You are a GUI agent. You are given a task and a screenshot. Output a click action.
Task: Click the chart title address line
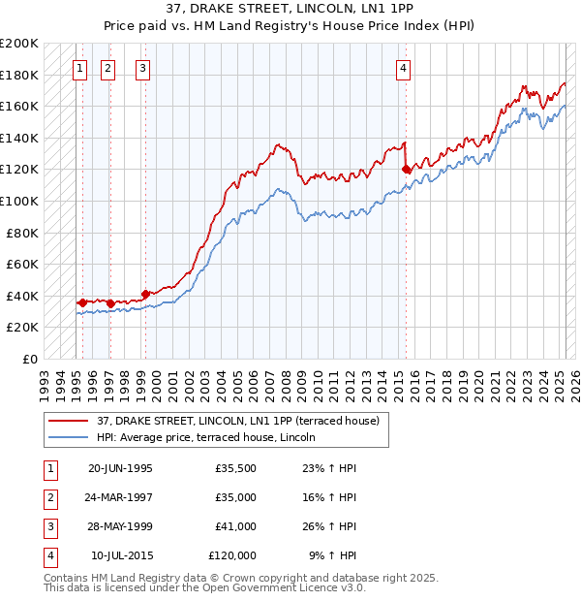(290, 9)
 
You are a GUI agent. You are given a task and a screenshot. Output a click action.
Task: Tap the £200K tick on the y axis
(20, 44)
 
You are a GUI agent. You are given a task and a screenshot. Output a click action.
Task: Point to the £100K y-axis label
(20, 201)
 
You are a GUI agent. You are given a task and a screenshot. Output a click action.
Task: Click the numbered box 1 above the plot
(77, 68)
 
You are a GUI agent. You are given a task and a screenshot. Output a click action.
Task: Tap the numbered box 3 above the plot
(142, 68)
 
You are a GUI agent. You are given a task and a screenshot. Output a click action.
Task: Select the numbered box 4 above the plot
(403, 68)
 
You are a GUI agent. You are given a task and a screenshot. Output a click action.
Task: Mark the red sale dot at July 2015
(407, 170)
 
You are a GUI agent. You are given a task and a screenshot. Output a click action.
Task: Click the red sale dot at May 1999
(145, 294)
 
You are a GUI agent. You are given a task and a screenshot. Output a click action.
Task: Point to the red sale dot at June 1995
(82, 302)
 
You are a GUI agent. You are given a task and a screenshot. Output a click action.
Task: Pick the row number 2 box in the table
(48, 497)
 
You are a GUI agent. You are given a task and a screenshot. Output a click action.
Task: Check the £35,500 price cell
(236, 468)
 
